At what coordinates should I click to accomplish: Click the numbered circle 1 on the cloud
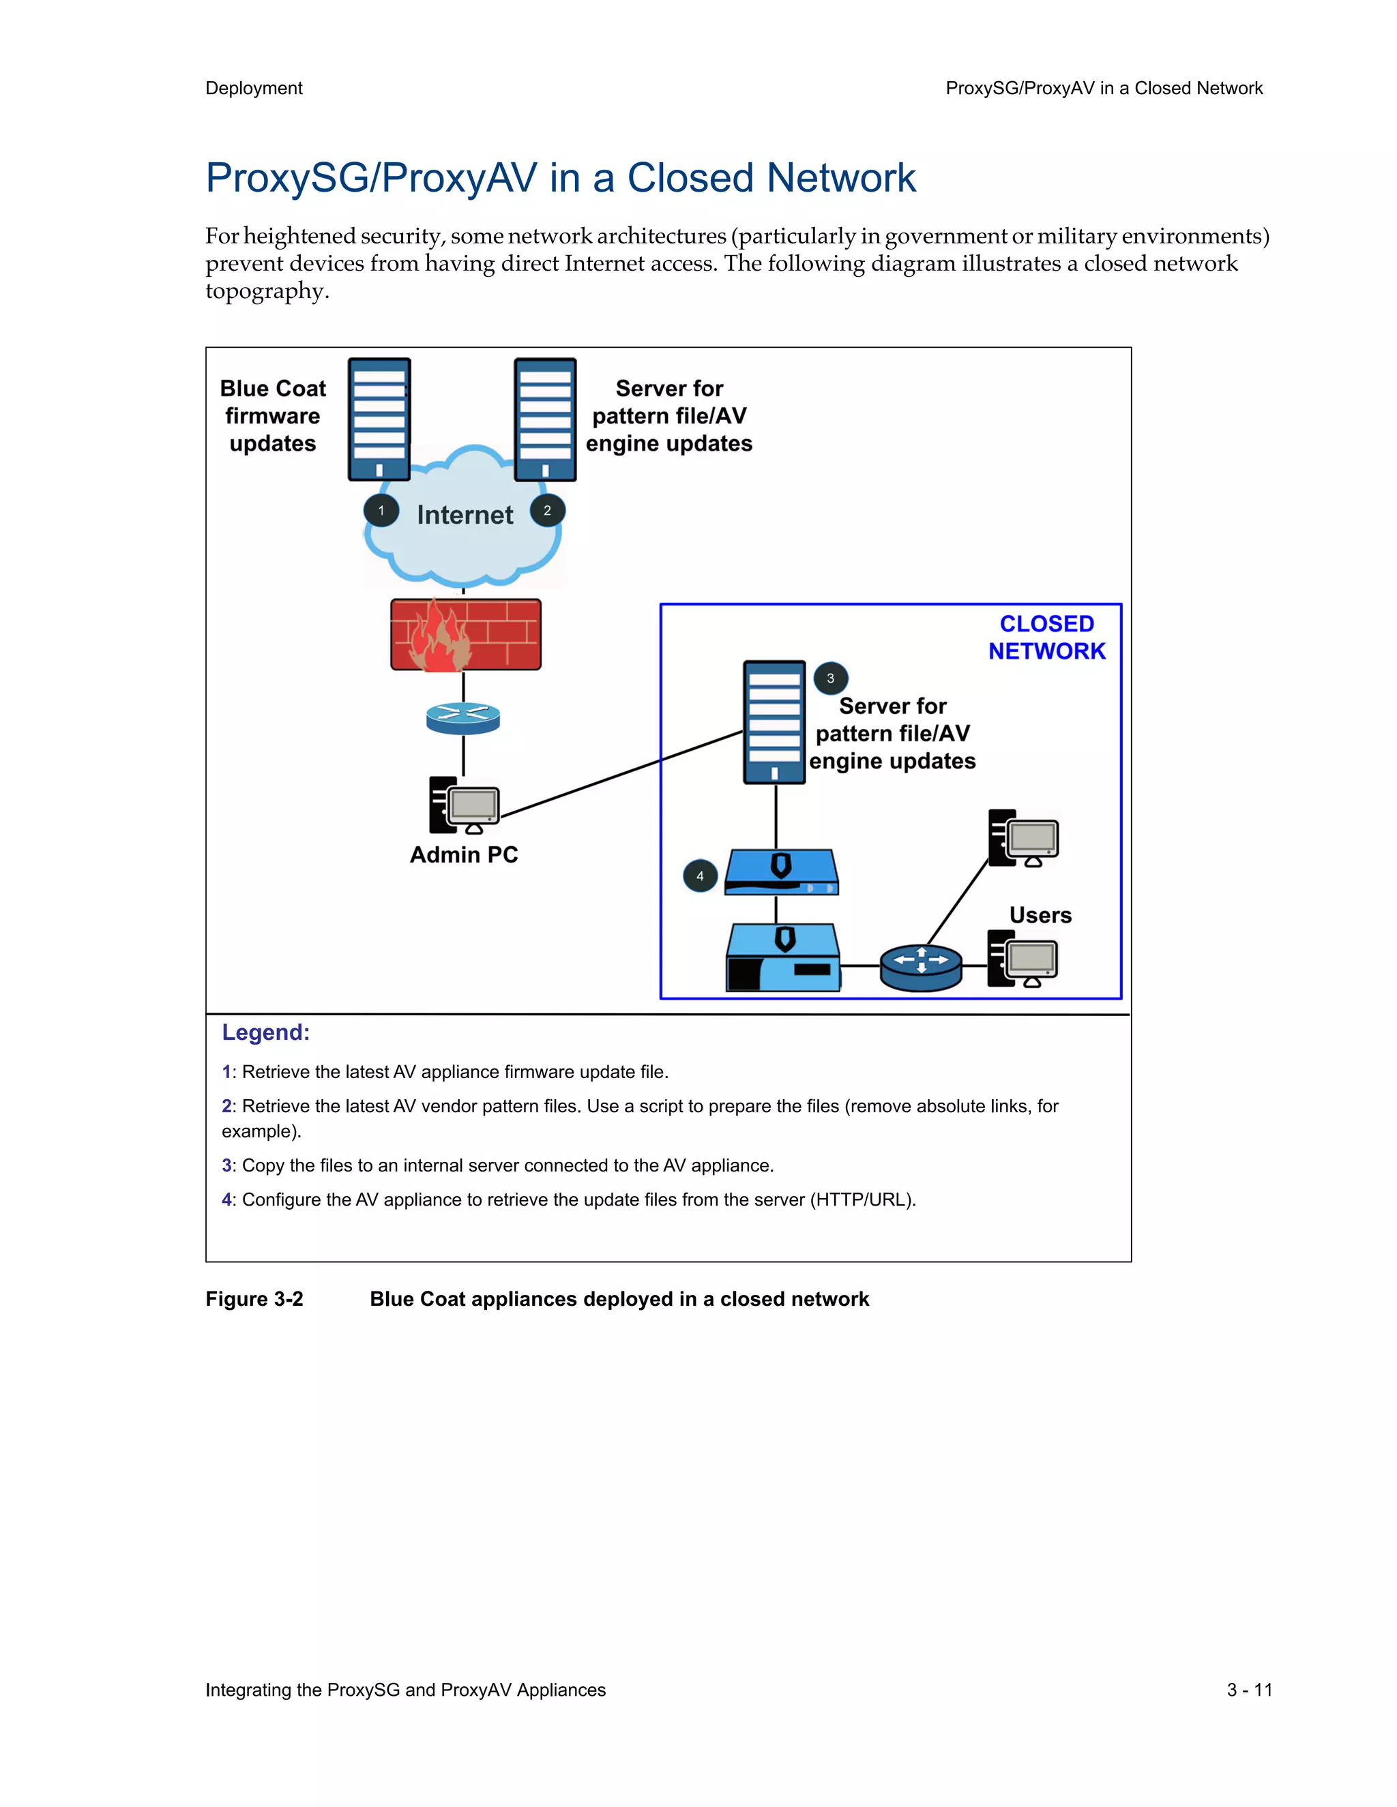[381, 511]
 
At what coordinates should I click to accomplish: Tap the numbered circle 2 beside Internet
[547, 511]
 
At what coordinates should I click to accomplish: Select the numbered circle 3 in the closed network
[830, 678]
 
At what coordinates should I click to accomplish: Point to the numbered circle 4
[700, 876]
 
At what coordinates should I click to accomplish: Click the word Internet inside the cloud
[465, 515]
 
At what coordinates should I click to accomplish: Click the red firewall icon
[466, 635]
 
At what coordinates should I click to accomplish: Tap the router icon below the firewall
[462, 717]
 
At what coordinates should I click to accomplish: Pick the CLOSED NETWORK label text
[1046, 637]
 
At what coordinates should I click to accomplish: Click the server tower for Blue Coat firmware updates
[379, 419]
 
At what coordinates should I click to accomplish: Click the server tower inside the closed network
[774, 721]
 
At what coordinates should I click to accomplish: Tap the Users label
[1040, 915]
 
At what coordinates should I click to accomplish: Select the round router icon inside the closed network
[920, 966]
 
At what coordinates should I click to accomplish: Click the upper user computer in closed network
[1023, 837]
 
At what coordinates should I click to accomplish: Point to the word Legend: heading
[265, 1032]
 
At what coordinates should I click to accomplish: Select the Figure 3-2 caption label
[254, 1299]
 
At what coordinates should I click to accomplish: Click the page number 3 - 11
[1249, 1690]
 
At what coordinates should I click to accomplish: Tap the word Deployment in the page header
[254, 89]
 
